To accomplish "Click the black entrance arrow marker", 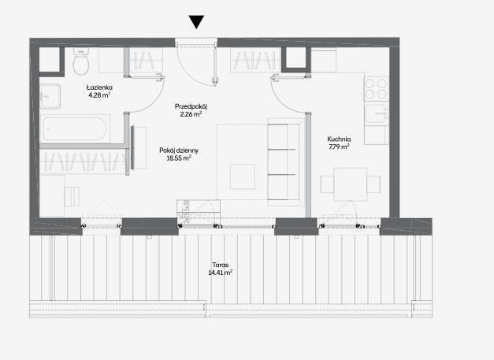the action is tap(196, 21).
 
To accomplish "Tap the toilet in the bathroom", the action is tap(81, 61).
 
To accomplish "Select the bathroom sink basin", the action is tap(50, 96).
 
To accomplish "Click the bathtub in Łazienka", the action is tap(74, 128).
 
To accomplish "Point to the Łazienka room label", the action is tap(99, 87).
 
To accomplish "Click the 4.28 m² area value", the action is tap(99, 95).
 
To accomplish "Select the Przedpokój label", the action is tap(191, 106).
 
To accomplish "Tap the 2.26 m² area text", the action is tap(191, 114).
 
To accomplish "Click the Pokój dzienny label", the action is tap(179, 150).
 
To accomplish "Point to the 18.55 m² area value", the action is tap(179, 158).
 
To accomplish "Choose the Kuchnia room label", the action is tap(339, 139).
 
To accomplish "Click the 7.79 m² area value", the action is tap(339, 147).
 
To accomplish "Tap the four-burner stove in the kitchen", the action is tap(376, 89).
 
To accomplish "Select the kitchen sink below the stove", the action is tap(376, 113).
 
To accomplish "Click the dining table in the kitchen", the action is tap(351, 184).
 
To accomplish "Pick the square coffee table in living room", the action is tap(243, 176).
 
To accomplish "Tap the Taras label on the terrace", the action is tap(221, 265).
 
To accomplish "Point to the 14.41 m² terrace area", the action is tap(221, 273).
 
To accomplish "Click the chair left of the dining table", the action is tap(327, 184).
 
